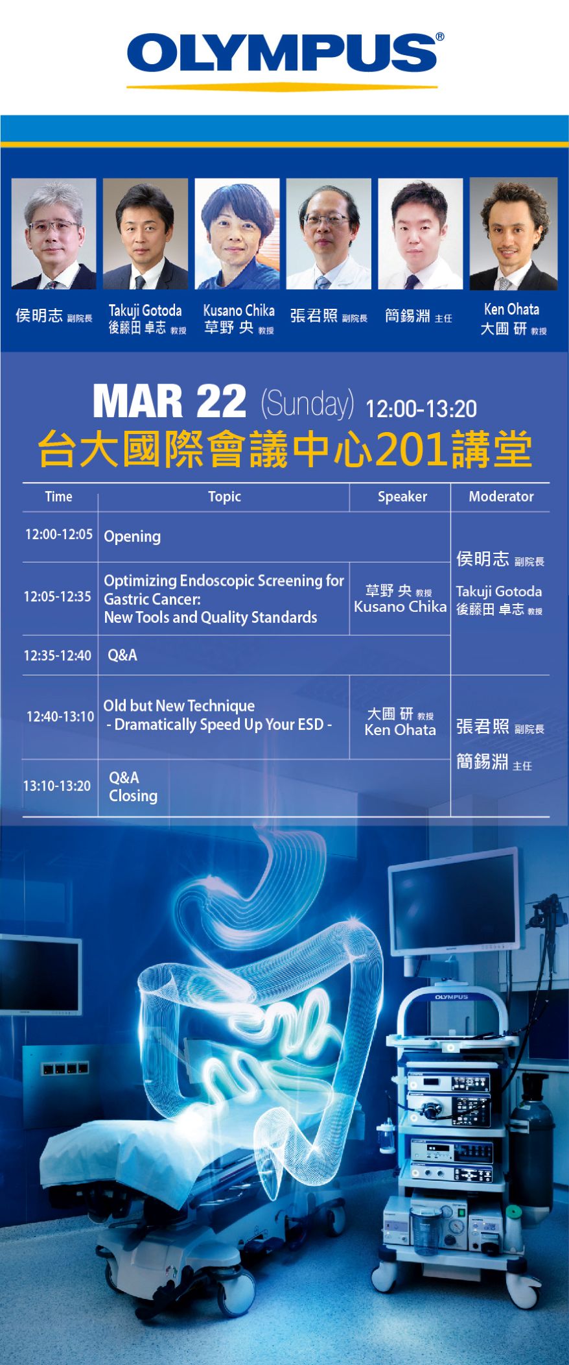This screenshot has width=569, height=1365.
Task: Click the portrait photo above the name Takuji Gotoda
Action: (x=145, y=234)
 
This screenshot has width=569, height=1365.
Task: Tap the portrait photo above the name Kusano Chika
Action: (x=237, y=234)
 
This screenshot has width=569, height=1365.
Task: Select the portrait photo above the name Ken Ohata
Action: (x=513, y=234)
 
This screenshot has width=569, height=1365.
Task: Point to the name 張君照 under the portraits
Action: (x=314, y=316)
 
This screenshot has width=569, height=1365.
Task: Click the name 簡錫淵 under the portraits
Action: (x=408, y=316)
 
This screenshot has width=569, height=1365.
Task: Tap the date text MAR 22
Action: (x=169, y=402)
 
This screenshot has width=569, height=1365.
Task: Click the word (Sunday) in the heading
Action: (x=307, y=404)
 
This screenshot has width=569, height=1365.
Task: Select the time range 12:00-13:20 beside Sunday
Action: (x=421, y=409)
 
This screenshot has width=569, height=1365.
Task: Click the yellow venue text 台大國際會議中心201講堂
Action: (x=285, y=449)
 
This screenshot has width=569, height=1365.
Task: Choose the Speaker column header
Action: (x=402, y=496)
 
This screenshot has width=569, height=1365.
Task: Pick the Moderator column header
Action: (x=501, y=496)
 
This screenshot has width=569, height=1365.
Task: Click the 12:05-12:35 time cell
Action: (x=57, y=596)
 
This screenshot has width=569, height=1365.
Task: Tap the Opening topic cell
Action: (x=132, y=537)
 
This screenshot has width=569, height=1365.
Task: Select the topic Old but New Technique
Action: (x=179, y=706)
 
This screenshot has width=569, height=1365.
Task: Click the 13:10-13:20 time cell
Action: (x=57, y=786)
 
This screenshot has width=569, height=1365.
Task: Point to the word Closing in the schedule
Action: (x=133, y=796)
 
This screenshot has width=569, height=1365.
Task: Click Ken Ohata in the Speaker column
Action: (x=400, y=730)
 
